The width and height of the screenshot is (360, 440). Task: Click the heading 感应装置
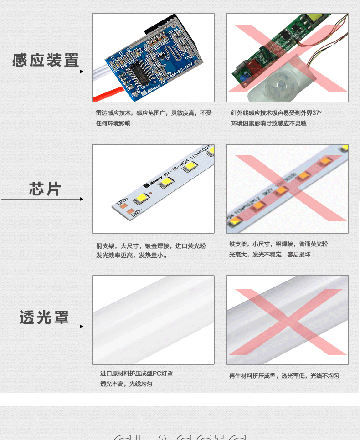(x=46, y=60)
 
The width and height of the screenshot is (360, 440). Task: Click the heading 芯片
(x=45, y=189)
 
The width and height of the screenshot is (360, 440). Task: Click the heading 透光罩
(x=44, y=317)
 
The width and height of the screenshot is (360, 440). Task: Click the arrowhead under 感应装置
(x=82, y=72)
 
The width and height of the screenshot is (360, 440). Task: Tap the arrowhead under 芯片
(x=82, y=199)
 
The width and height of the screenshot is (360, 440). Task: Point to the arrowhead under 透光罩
(x=82, y=327)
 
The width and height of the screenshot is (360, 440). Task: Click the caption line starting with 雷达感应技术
(x=154, y=113)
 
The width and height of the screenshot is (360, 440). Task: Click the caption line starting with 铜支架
(x=150, y=246)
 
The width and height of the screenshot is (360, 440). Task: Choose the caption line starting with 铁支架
(x=278, y=244)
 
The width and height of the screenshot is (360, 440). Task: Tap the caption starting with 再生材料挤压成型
(x=284, y=376)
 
